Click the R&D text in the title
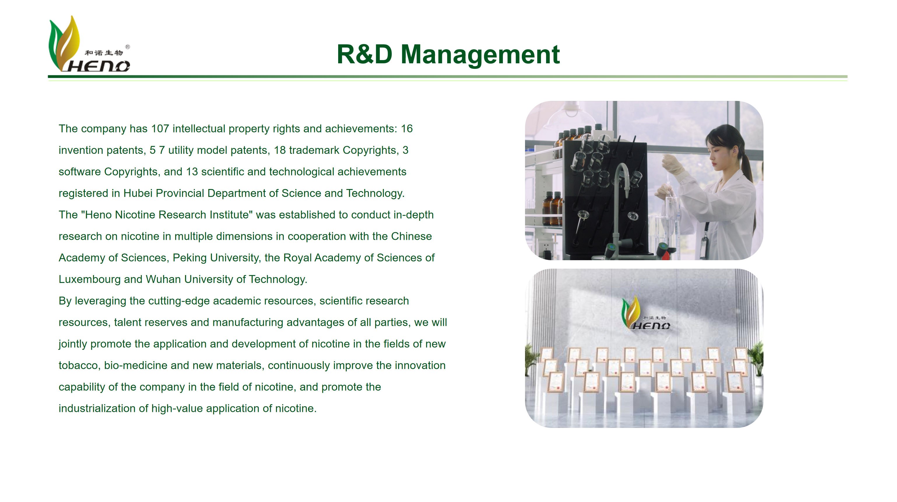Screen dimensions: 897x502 pyautogui.click(x=364, y=54)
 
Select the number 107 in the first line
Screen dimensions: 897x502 pyautogui.click(x=160, y=129)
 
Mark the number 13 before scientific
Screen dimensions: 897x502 pyautogui.click(x=192, y=172)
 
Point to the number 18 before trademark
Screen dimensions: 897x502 pyautogui.click(x=280, y=150)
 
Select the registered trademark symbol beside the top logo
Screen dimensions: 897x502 pyautogui.click(x=127, y=47)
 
